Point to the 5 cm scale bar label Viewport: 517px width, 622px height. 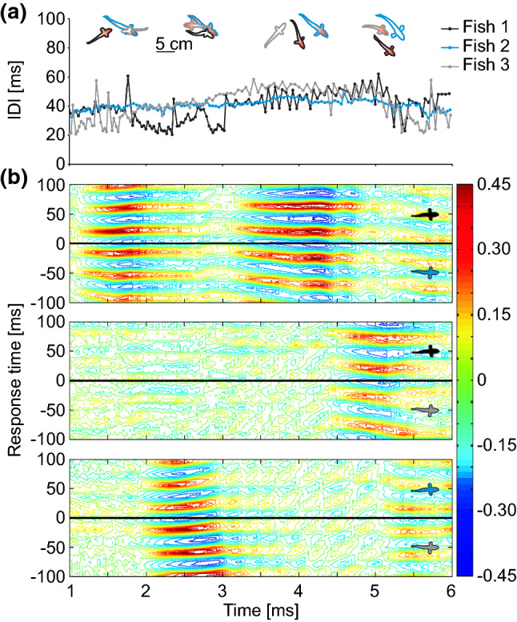[x=174, y=45]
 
